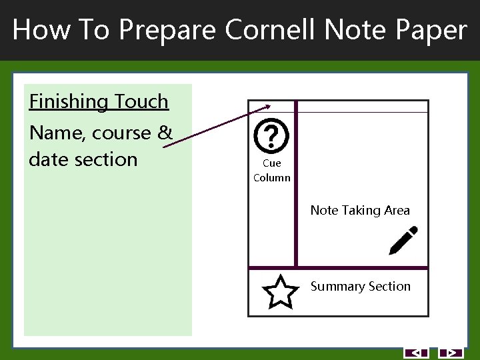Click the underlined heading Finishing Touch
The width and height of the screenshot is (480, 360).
[x=99, y=102]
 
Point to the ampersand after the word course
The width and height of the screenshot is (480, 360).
[x=165, y=133]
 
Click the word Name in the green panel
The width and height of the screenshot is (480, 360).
[x=56, y=133]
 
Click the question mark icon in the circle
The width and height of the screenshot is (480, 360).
[x=271, y=136]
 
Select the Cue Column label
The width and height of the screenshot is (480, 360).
[x=272, y=171]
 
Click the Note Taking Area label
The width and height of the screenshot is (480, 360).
[x=360, y=211]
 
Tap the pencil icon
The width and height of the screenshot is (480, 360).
[x=403, y=241]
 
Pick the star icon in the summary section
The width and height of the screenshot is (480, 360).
[x=280, y=292]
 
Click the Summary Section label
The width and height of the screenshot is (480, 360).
[x=361, y=287]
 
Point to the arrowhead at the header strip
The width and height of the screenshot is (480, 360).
[x=267, y=105]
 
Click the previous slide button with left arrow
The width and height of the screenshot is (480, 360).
[x=416, y=353]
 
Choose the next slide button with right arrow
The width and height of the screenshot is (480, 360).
[x=451, y=353]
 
